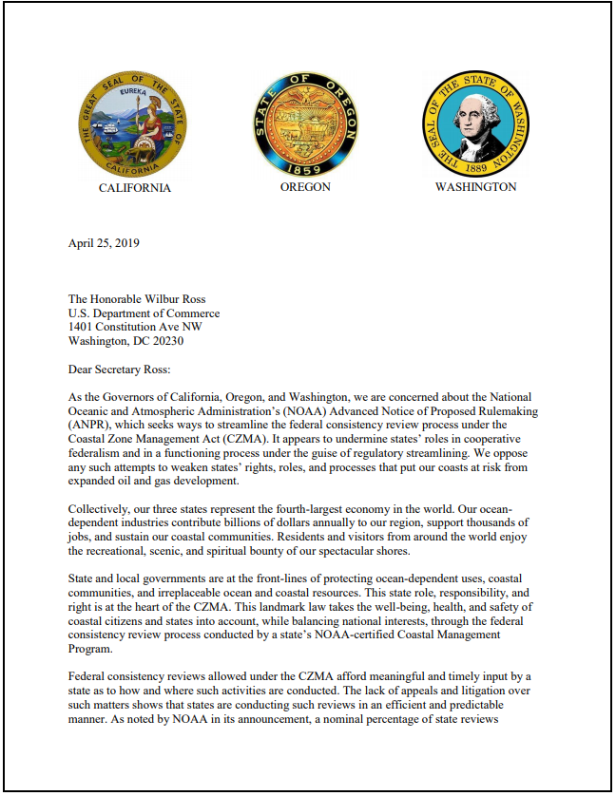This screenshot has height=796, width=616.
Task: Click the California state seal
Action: tap(134, 123)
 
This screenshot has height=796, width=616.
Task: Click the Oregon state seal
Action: tap(305, 123)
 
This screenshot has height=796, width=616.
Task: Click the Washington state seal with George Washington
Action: tap(475, 123)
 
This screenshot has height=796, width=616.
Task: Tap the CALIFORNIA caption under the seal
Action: tap(135, 188)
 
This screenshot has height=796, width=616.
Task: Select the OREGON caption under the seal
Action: tap(305, 187)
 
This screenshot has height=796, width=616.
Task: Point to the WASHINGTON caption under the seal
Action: tap(475, 187)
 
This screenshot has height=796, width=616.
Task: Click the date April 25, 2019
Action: tap(104, 243)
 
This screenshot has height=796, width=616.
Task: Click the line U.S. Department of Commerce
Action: tap(144, 313)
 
